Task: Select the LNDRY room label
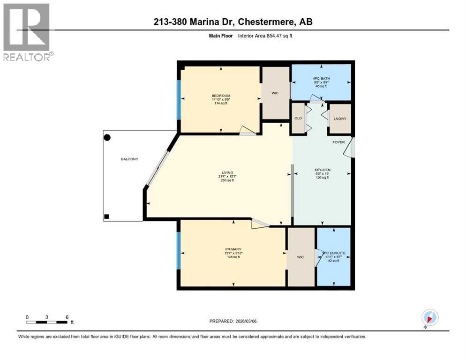pyautogui.click(x=339, y=119)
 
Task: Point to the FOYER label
pyautogui.click(x=338, y=142)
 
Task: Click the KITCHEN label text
pyautogui.click(x=323, y=170)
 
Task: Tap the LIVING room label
pyautogui.click(x=228, y=172)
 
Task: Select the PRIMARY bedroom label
pyautogui.click(x=233, y=249)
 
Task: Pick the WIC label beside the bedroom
pyautogui.click(x=275, y=93)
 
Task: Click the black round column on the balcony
pyautogui.click(x=107, y=138)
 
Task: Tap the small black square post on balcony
pyautogui.click(x=107, y=217)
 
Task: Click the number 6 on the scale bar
pyautogui.click(x=67, y=317)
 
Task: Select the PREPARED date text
pyautogui.click(x=233, y=321)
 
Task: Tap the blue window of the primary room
pyautogui.click(x=178, y=251)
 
